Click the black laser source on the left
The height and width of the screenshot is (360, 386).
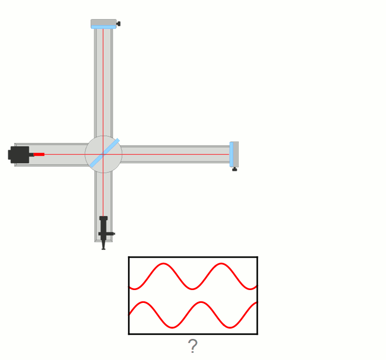pos(20,154)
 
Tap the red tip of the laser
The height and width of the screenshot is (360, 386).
pos(39,154)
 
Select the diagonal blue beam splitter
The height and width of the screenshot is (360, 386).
pos(104,153)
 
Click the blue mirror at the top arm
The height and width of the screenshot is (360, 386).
pos(103,27)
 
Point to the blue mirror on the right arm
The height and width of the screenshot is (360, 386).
pos(231,154)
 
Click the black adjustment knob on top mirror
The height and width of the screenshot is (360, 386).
pos(118,24)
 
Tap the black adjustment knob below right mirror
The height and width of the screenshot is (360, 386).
pos(235,169)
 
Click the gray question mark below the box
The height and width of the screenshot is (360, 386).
pos(192,346)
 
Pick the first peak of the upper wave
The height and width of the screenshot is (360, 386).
pos(163,263)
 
